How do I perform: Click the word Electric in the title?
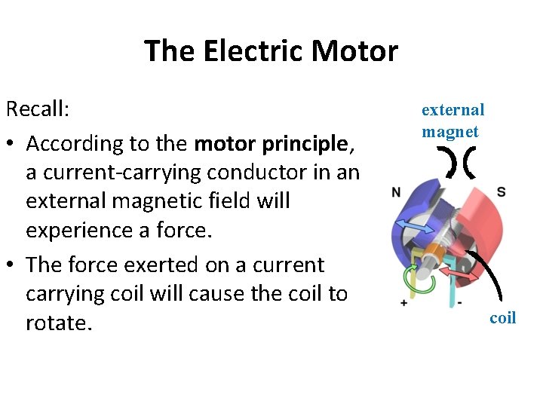tap(256, 51)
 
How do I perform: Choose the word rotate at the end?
tap(58, 323)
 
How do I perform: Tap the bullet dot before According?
tap(11, 144)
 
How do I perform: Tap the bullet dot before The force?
tap(11, 265)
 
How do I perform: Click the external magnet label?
tap(452, 121)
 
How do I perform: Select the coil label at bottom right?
tap(502, 317)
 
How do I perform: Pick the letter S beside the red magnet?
tap(501, 192)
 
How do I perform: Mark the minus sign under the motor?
tap(459, 301)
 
